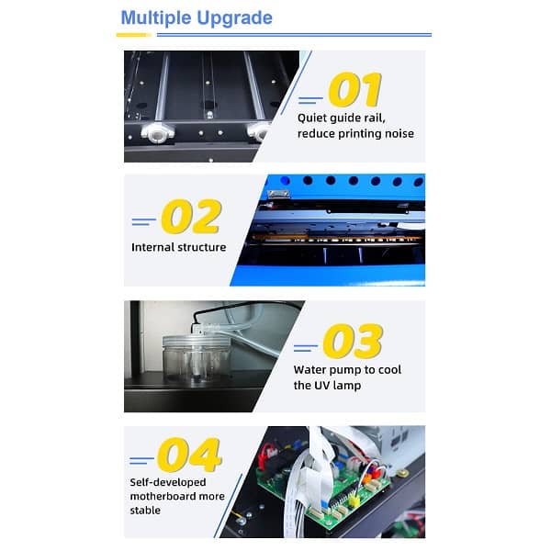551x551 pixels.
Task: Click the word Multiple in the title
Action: click(156, 17)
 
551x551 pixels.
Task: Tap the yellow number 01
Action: click(354, 89)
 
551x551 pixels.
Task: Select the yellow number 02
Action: click(191, 216)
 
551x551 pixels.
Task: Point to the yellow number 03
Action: click(353, 341)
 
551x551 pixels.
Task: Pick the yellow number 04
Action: click(189, 455)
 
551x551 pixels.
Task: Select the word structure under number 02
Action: click(202, 247)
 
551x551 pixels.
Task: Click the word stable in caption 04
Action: click(145, 511)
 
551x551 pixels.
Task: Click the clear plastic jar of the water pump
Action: click(197, 358)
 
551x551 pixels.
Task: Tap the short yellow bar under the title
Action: click(133, 35)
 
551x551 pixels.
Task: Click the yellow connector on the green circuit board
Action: click(354, 500)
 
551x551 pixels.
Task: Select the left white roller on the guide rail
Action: click(157, 132)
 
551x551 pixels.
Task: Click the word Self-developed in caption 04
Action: click(168, 482)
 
